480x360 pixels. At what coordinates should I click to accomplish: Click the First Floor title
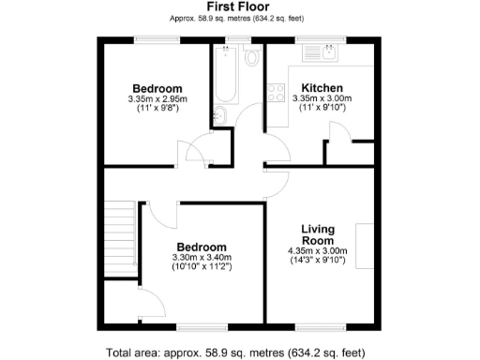point(239,7)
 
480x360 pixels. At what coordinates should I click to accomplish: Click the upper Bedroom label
point(157,87)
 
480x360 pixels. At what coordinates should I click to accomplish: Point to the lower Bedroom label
point(200,247)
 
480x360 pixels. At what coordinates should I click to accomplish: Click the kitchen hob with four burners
point(277,92)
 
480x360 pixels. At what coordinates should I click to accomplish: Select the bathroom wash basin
point(218,115)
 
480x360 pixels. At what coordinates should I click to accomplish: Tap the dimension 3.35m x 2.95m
point(157,98)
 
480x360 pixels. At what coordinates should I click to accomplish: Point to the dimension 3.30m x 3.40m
point(200,258)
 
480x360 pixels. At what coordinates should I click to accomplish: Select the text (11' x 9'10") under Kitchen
point(321,109)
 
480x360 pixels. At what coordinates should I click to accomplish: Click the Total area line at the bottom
point(238,352)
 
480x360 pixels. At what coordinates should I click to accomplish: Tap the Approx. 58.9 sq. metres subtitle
point(239,18)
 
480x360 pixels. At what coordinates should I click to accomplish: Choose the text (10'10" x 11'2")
point(200,267)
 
